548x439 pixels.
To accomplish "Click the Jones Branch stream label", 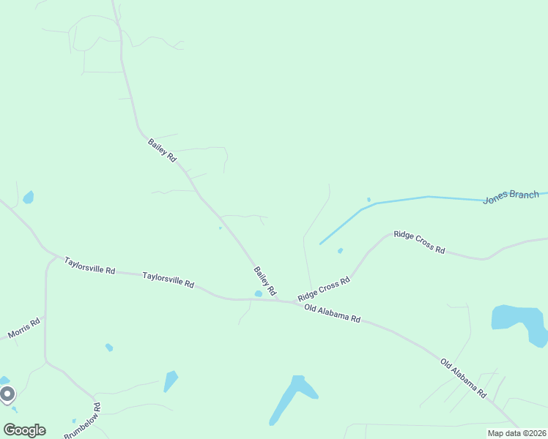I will [x=511, y=197].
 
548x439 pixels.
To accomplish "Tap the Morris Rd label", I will [x=23, y=328].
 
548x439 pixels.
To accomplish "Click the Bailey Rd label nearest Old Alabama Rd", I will [x=264, y=281].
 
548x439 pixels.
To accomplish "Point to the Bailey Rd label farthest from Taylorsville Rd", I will [x=162, y=150].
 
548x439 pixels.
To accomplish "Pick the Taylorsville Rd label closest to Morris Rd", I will [x=89, y=265].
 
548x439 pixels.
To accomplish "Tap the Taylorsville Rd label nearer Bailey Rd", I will [x=168, y=279].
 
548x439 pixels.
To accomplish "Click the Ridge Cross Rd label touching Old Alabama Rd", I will [x=323, y=289].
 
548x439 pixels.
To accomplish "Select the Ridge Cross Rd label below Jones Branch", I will [x=419, y=242].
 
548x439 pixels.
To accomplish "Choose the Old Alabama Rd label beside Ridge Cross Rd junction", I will [x=333, y=313].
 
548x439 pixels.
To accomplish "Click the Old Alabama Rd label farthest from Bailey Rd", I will [x=463, y=378].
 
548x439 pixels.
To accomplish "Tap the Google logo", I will [x=24, y=429].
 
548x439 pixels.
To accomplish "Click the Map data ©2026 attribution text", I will [x=516, y=433].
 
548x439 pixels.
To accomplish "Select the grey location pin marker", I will [x=7, y=394].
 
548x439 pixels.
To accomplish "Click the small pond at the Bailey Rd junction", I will [x=258, y=294].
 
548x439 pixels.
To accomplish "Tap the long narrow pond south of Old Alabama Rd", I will [x=289, y=399].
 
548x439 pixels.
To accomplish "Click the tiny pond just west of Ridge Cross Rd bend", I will [x=340, y=251].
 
